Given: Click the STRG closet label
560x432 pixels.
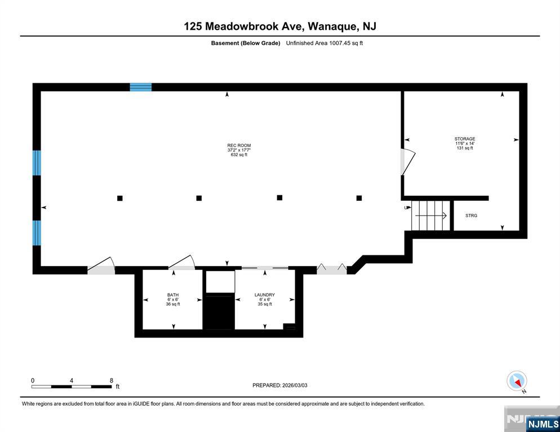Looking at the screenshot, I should tap(471, 215).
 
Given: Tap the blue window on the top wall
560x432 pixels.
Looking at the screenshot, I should tap(141, 87).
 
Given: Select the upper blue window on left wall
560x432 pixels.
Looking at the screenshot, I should tap(37, 163).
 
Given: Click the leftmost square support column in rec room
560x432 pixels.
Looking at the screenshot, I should tap(119, 198).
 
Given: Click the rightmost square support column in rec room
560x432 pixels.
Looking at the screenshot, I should tap(359, 198).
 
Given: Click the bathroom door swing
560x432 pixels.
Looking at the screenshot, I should tap(182, 263).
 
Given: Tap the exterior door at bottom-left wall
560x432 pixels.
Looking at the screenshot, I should tap(101, 265).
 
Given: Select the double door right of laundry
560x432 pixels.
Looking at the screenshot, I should tap(331, 269).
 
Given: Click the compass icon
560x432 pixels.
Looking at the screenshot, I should tap(517, 381).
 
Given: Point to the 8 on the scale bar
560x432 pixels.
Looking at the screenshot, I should tap(111, 380).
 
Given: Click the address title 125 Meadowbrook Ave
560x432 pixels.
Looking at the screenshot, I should tap(279, 26).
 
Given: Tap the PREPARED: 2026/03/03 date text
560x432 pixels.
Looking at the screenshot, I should tap(279, 385).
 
